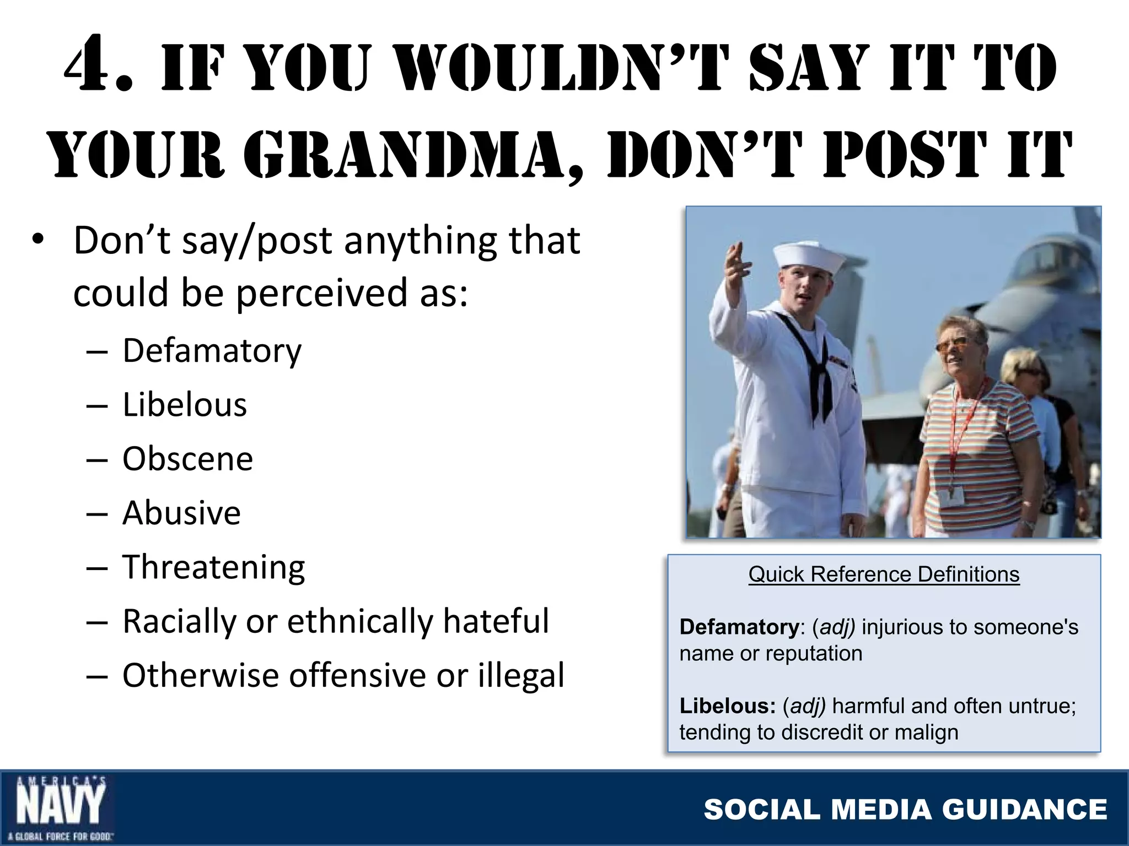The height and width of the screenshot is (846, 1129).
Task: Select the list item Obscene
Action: coord(187,459)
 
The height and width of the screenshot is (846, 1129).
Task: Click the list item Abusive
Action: coord(181,513)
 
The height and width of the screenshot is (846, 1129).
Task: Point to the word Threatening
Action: coord(213,567)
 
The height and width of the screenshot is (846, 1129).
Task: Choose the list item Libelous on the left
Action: coord(185,405)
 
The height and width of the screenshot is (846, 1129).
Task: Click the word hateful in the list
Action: coord(496,621)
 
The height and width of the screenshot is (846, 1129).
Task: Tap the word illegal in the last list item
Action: coord(521,675)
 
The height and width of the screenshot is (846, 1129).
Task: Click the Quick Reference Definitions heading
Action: coord(884,574)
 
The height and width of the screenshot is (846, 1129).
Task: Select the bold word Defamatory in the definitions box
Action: coord(739,627)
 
